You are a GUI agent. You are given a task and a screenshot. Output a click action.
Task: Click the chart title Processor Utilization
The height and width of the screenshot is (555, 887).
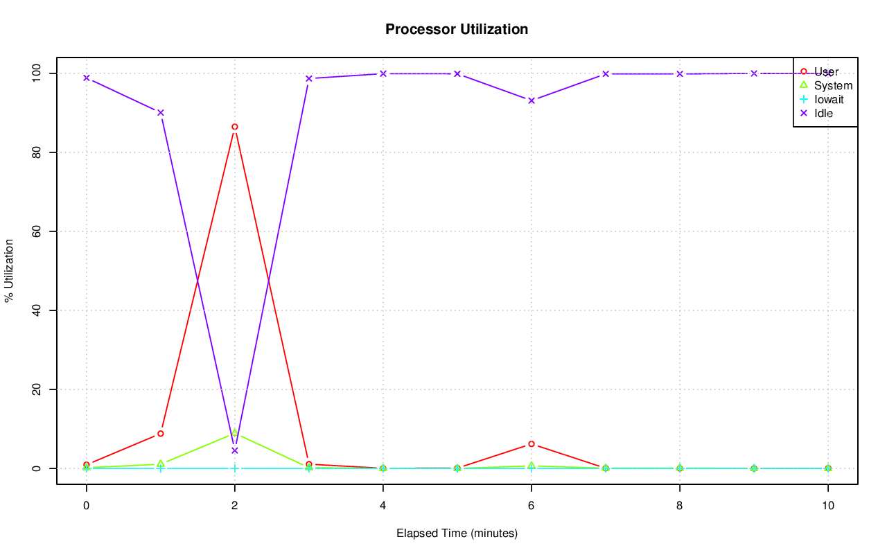457,30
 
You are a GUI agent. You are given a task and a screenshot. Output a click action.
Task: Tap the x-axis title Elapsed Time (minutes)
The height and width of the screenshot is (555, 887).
457,534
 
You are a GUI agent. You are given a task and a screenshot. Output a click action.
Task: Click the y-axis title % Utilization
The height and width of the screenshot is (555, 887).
10,271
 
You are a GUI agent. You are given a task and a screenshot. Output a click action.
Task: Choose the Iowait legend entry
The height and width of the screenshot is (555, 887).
829,99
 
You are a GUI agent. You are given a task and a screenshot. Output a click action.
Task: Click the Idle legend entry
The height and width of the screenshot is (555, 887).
823,113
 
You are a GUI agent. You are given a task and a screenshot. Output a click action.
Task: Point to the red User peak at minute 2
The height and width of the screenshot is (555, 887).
235,127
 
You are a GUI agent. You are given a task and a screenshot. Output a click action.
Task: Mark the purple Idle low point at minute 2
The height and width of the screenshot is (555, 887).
235,450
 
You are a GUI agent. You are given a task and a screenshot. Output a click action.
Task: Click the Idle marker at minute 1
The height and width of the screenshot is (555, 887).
161,112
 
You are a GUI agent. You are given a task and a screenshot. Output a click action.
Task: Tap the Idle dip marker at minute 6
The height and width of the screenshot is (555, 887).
532,100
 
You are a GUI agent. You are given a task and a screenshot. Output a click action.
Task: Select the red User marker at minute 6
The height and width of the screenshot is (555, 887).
532,443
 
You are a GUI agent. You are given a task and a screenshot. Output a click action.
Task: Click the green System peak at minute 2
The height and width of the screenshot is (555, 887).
235,432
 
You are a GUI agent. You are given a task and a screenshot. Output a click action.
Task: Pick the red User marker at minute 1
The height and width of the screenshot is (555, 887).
161,434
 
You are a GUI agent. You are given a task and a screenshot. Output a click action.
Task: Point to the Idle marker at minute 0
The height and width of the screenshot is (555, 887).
87,78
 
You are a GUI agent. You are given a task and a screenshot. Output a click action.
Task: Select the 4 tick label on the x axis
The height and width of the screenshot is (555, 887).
383,506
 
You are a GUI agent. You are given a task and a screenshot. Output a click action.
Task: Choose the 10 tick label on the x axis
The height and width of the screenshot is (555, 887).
827,506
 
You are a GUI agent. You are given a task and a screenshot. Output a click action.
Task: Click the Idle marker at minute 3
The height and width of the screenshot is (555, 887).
309,78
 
